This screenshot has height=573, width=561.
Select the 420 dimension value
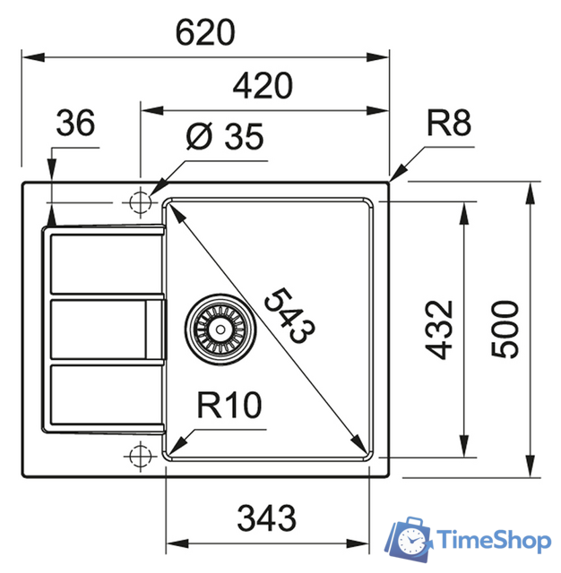(263, 87)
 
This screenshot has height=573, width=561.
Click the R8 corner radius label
(447, 124)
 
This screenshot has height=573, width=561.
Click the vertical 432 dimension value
(439, 329)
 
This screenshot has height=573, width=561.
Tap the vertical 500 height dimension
(506, 329)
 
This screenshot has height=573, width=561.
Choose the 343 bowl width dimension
(267, 517)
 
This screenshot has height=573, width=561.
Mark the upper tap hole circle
(140, 203)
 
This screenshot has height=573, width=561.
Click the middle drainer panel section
(99, 329)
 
